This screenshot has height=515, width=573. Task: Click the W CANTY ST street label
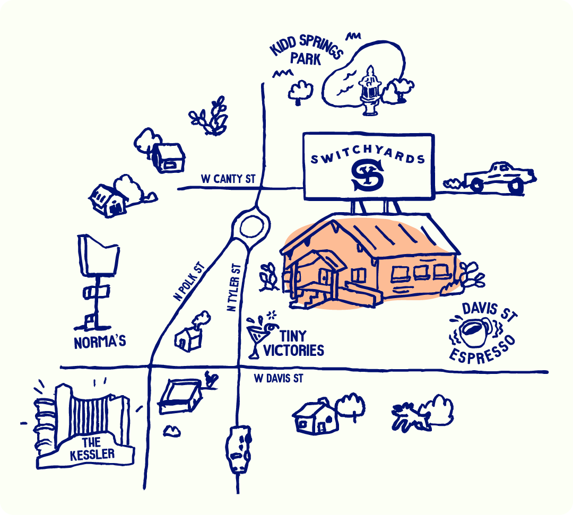pyautogui.click(x=228, y=179)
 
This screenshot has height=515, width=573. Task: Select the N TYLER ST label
pyautogui.click(x=233, y=288)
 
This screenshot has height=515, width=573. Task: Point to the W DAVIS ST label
pyautogui.click(x=278, y=379)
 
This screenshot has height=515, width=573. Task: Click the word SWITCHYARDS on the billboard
pyautogui.click(x=368, y=157)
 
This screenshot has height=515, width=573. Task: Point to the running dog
pyautogui.click(x=410, y=415)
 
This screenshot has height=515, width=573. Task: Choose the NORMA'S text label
pyautogui.click(x=100, y=342)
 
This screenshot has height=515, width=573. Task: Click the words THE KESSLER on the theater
pyautogui.click(x=92, y=449)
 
